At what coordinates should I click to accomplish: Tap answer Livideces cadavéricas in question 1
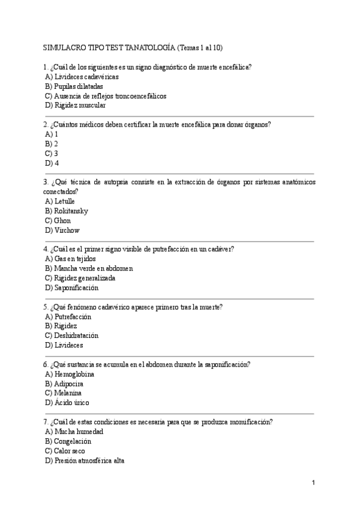click(x=86, y=77)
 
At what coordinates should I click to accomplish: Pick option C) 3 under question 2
click(x=52, y=153)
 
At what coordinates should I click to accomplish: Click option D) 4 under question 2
click(x=52, y=163)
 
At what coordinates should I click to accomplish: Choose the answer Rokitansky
click(x=71, y=211)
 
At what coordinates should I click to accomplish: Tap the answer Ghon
click(x=62, y=220)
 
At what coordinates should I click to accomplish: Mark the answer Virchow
click(x=67, y=230)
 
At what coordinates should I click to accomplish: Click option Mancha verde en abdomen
click(x=93, y=268)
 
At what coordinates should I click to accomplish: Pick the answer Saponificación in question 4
click(x=76, y=288)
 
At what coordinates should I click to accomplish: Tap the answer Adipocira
click(x=68, y=384)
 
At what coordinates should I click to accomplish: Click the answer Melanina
click(x=68, y=393)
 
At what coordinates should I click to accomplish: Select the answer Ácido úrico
click(x=71, y=403)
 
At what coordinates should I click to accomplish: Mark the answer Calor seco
click(x=69, y=451)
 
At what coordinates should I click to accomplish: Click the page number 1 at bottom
click(x=313, y=483)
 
